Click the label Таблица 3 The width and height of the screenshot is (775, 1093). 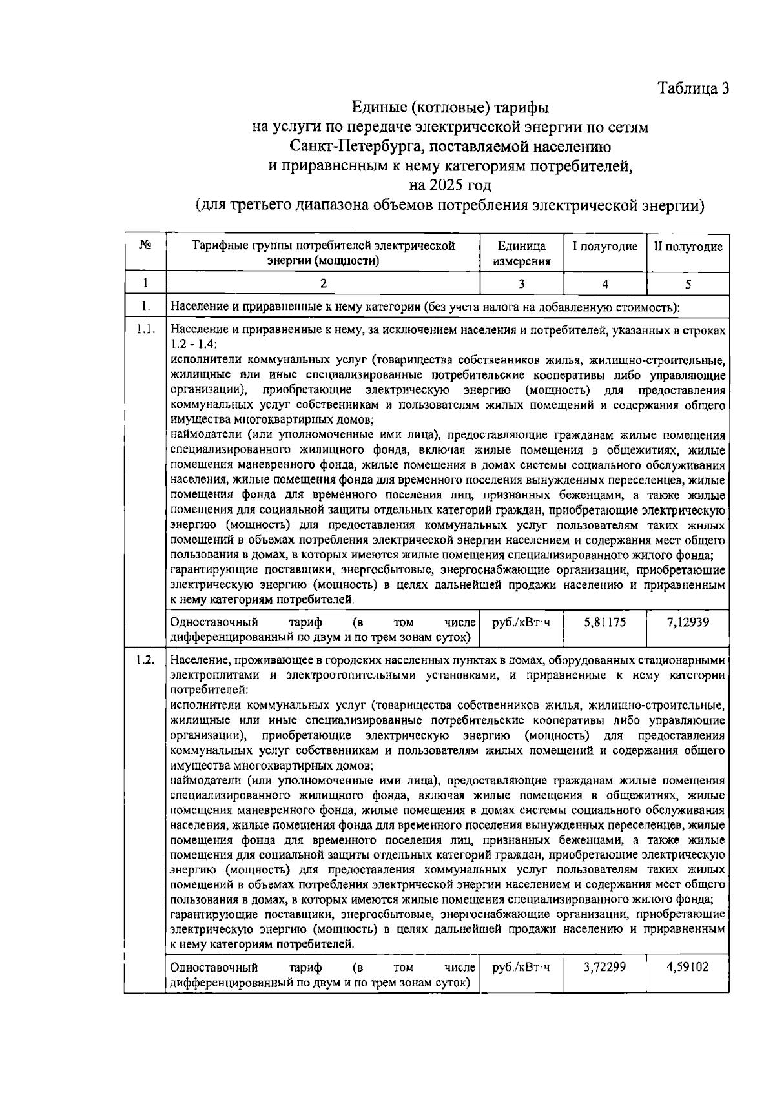tap(694, 88)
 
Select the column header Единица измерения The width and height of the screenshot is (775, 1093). tap(521, 254)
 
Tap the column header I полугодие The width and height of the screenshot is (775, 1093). tap(605, 247)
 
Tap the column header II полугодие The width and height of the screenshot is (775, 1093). tap(688, 247)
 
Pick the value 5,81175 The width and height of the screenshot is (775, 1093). tap(604, 623)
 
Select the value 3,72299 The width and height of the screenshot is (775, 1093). tap(604, 968)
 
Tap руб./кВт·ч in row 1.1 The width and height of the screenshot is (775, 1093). tap(521, 623)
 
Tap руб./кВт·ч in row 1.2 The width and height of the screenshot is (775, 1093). tap(521, 968)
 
